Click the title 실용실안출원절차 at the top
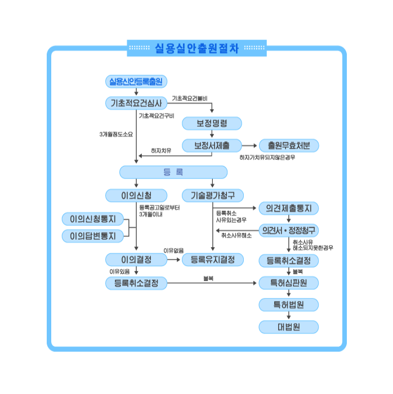point(196,48)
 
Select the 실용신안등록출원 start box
point(136,82)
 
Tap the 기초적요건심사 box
point(136,103)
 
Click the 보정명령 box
point(212,124)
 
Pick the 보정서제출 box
point(212,145)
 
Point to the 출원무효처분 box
point(289,145)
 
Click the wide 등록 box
point(173,172)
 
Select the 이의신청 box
point(136,195)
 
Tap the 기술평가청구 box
point(212,195)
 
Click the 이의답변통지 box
point(92,236)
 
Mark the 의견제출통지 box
point(289,208)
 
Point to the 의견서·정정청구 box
point(289,230)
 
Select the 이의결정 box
point(136,259)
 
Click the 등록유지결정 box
point(212,259)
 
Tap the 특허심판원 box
point(289,283)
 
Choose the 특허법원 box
point(289,305)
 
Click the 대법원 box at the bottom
point(289,326)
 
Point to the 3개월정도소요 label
point(116,135)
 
